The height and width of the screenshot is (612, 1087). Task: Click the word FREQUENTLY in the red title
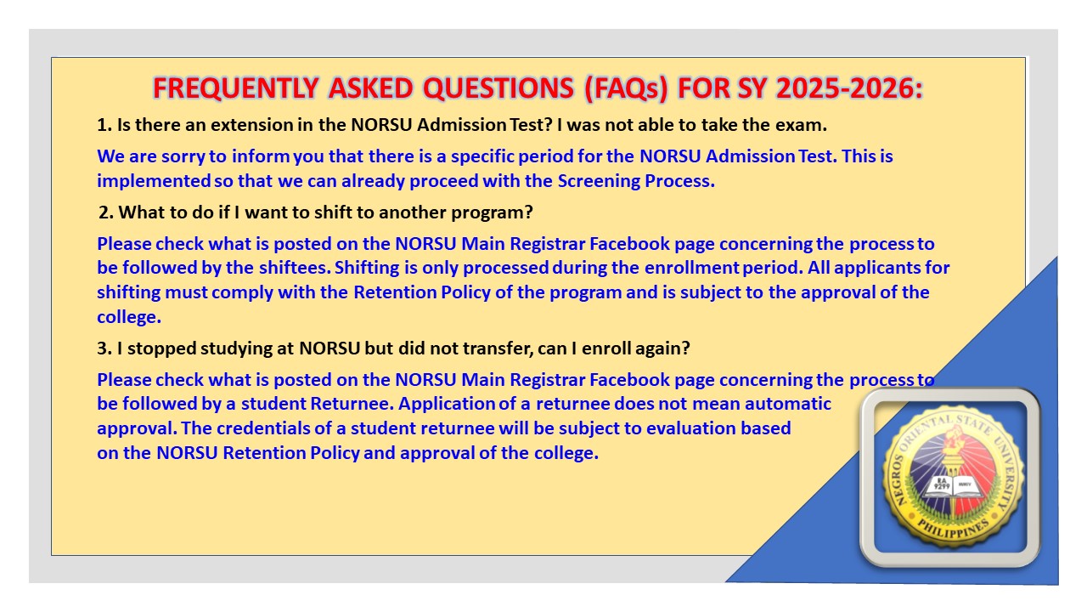[236, 88]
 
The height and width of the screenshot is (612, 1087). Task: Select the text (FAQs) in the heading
[627, 89]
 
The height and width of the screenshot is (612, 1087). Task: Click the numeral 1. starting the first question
[104, 125]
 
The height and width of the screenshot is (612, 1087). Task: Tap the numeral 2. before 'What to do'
[106, 212]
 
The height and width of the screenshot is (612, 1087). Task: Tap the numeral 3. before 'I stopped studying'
[104, 348]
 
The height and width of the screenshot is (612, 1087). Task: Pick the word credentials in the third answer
[273, 428]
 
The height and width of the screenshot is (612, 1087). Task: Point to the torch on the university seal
[952, 451]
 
